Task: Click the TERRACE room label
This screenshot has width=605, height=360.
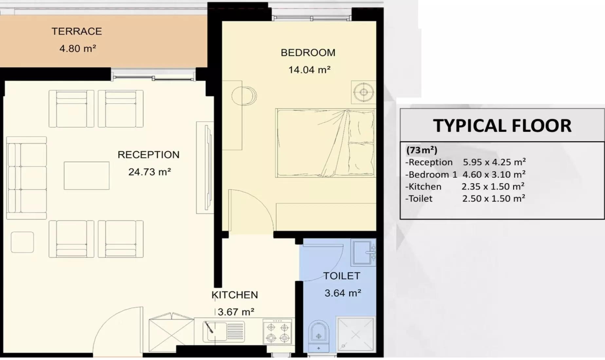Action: coord(77,31)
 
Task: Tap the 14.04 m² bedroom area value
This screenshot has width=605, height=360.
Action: coord(309,70)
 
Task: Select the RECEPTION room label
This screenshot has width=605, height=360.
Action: coord(149,155)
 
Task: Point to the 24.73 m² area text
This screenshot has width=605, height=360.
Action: coord(150,172)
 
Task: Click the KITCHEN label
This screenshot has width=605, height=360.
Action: coord(235,295)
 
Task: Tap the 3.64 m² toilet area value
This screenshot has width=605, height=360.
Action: coord(343,293)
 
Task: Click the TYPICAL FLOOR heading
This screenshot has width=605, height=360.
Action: coord(502,126)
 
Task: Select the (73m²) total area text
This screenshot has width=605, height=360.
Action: coord(422,150)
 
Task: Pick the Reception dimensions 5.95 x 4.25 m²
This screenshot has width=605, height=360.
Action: coord(494,162)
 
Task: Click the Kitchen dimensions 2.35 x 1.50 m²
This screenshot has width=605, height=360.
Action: coord(493,187)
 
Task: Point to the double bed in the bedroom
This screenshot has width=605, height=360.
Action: coord(325,143)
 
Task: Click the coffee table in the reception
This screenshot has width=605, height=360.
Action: coord(87,176)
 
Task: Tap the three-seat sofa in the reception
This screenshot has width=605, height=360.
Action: coord(27,178)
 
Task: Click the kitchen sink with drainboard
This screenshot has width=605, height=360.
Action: coord(224,332)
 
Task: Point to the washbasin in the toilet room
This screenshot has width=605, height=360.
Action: coord(363,252)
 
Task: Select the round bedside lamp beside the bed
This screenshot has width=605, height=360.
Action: coord(364,92)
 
